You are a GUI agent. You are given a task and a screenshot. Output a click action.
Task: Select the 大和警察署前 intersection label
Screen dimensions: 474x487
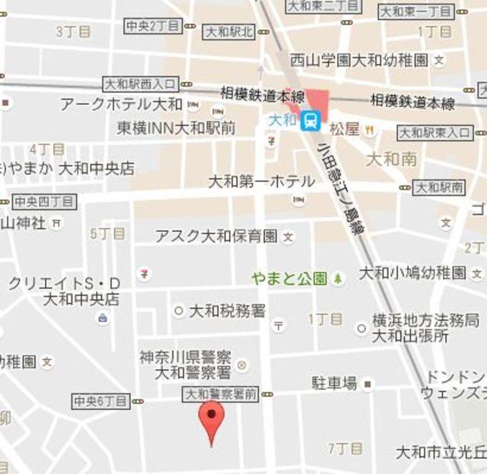[219, 394]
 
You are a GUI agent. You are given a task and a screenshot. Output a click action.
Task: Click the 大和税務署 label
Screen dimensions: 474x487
[227, 310]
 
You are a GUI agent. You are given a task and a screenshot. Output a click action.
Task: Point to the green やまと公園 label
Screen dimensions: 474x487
[289, 278]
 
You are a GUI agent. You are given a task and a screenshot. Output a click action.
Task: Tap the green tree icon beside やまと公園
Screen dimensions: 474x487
[337, 278]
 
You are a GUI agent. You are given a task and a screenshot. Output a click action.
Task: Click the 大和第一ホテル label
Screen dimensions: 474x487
[261, 181]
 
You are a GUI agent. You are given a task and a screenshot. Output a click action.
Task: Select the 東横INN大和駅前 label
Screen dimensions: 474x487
[176, 128]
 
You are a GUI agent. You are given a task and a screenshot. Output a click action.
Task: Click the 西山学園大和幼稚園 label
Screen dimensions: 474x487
[358, 59]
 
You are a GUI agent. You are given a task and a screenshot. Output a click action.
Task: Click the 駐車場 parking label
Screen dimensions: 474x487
[334, 383]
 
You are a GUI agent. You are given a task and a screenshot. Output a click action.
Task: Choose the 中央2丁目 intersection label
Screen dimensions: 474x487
[152, 26]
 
